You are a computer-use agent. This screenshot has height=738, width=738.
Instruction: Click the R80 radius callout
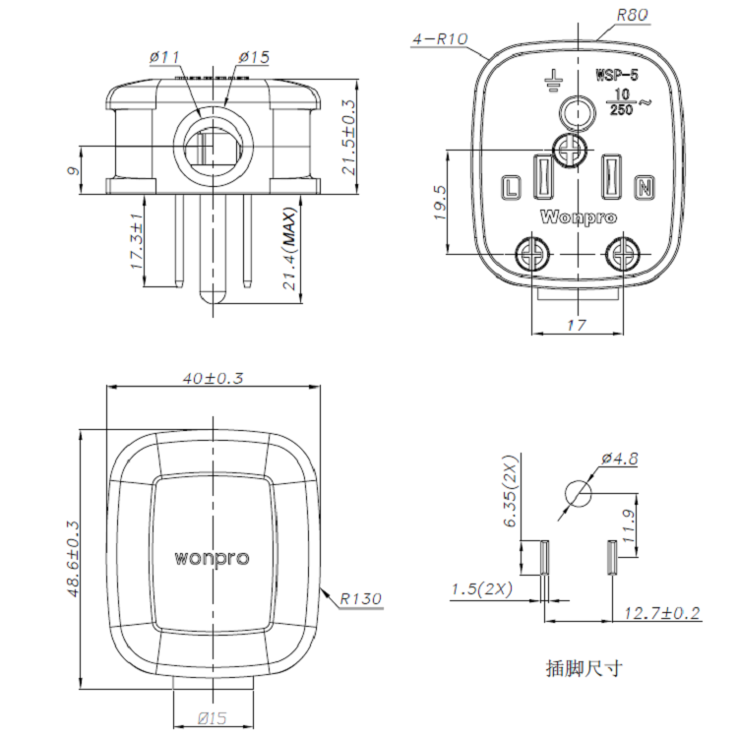click(634, 16)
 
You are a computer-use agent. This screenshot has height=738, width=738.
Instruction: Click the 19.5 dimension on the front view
click(439, 204)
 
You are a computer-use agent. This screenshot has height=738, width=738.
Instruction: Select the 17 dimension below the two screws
click(578, 324)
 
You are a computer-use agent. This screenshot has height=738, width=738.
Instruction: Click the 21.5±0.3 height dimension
click(347, 138)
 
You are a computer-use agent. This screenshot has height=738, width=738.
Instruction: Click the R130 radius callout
click(361, 597)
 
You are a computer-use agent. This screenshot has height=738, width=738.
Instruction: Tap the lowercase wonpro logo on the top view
click(212, 558)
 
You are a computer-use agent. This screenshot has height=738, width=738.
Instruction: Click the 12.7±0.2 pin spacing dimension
click(661, 613)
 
